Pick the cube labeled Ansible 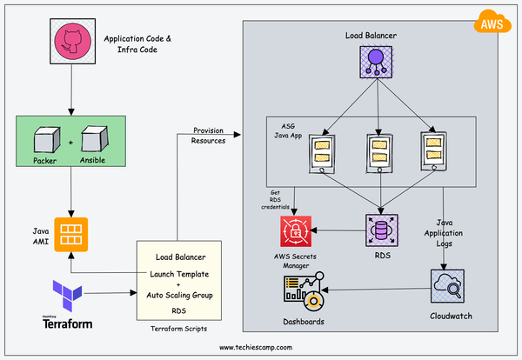coord(93,140)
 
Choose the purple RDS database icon coord(380,230)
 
